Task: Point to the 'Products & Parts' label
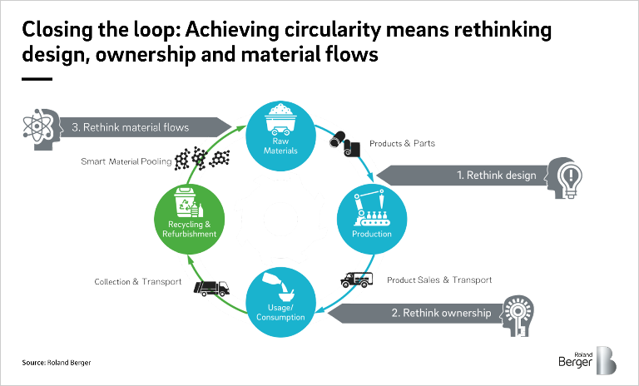click(402, 144)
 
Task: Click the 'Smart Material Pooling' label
click(128, 161)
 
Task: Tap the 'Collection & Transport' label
click(137, 282)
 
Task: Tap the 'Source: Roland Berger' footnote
click(57, 364)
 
